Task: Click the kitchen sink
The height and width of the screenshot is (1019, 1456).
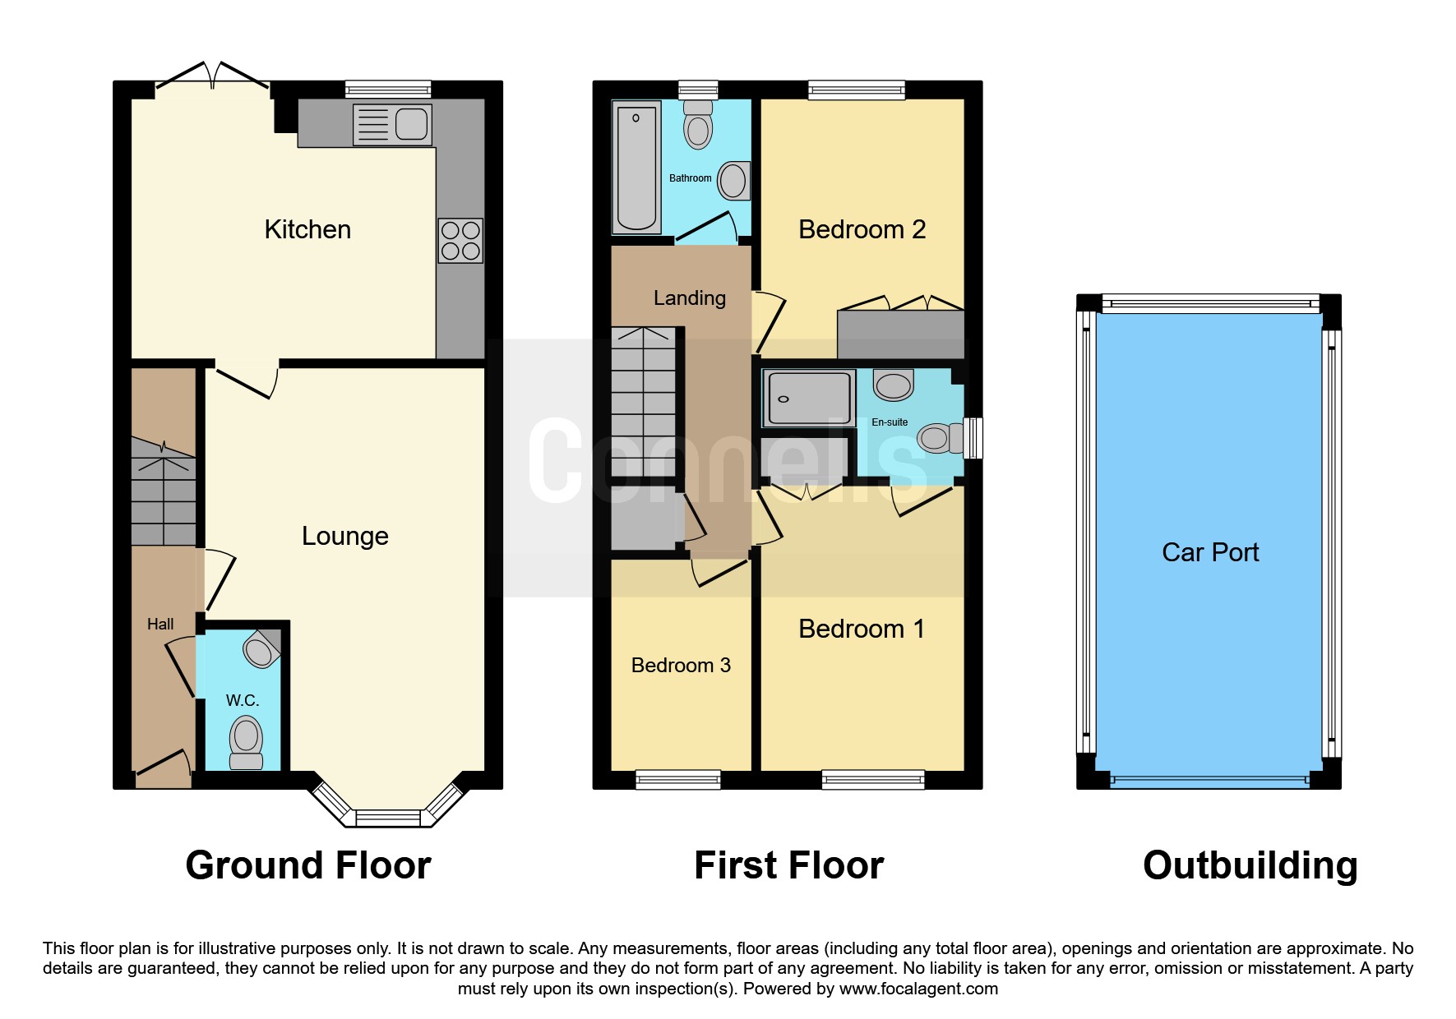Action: pyautogui.click(x=392, y=125)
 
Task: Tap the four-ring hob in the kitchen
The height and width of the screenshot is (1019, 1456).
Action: pyautogui.click(x=460, y=241)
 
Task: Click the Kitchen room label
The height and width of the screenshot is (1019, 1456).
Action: pyautogui.click(x=307, y=229)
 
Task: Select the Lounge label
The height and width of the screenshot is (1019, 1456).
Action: pyautogui.click(x=344, y=536)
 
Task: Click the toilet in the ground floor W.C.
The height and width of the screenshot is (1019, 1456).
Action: pyautogui.click(x=246, y=742)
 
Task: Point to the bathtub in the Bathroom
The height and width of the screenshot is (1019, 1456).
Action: pyautogui.click(x=636, y=168)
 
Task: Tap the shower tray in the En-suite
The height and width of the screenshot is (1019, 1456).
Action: pyautogui.click(x=809, y=399)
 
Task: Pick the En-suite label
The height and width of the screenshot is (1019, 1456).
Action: pyautogui.click(x=890, y=422)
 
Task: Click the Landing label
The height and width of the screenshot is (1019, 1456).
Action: pyautogui.click(x=690, y=298)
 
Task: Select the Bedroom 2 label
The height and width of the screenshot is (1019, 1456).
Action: pyautogui.click(x=862, y=229)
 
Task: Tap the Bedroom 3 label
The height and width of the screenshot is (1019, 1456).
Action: pyautogui.click(x=681, y=666)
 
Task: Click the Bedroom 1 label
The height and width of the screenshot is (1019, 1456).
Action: pyautogui.click(x=862, y=629)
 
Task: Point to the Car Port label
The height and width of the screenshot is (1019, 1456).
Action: pyautogui.click(x=1210, y=552)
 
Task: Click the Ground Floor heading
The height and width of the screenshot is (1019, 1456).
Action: pyautogui.click(x=308, y=865)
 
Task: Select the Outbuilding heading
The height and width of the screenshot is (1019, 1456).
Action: pyautogui.click(x=1250, y=866)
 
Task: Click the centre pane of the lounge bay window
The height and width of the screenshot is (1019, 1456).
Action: pyautogui.click(x=388, y=818)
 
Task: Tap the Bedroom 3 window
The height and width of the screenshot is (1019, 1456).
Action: pyautogui.click(x=678, y=779)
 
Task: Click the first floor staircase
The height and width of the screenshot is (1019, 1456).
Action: pyautogui.click(x=644, y=402)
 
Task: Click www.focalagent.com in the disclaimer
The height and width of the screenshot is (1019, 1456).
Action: pyautogui.click(x=918, y=989)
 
